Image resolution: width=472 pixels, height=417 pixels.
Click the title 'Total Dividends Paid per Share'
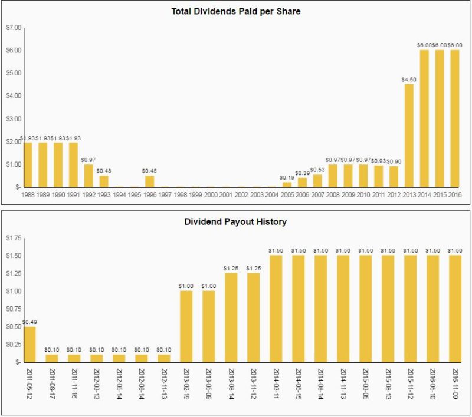(235, 11)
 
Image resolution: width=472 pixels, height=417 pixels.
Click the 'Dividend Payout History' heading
(235, 223)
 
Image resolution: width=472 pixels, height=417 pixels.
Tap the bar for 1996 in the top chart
(150, 181)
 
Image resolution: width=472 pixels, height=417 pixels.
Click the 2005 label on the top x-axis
(287, 194)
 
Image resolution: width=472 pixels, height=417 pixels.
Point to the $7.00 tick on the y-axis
(13, 28)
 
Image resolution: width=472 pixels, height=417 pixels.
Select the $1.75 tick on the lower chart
(13, 237)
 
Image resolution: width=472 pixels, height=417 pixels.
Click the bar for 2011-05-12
(29, 344)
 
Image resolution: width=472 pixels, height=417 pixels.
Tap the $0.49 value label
(29, 322)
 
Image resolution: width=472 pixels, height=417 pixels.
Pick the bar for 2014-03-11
(276, 309)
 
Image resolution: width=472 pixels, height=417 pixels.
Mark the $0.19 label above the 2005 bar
(287, 177)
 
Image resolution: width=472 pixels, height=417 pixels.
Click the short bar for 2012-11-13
(164, 358)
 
